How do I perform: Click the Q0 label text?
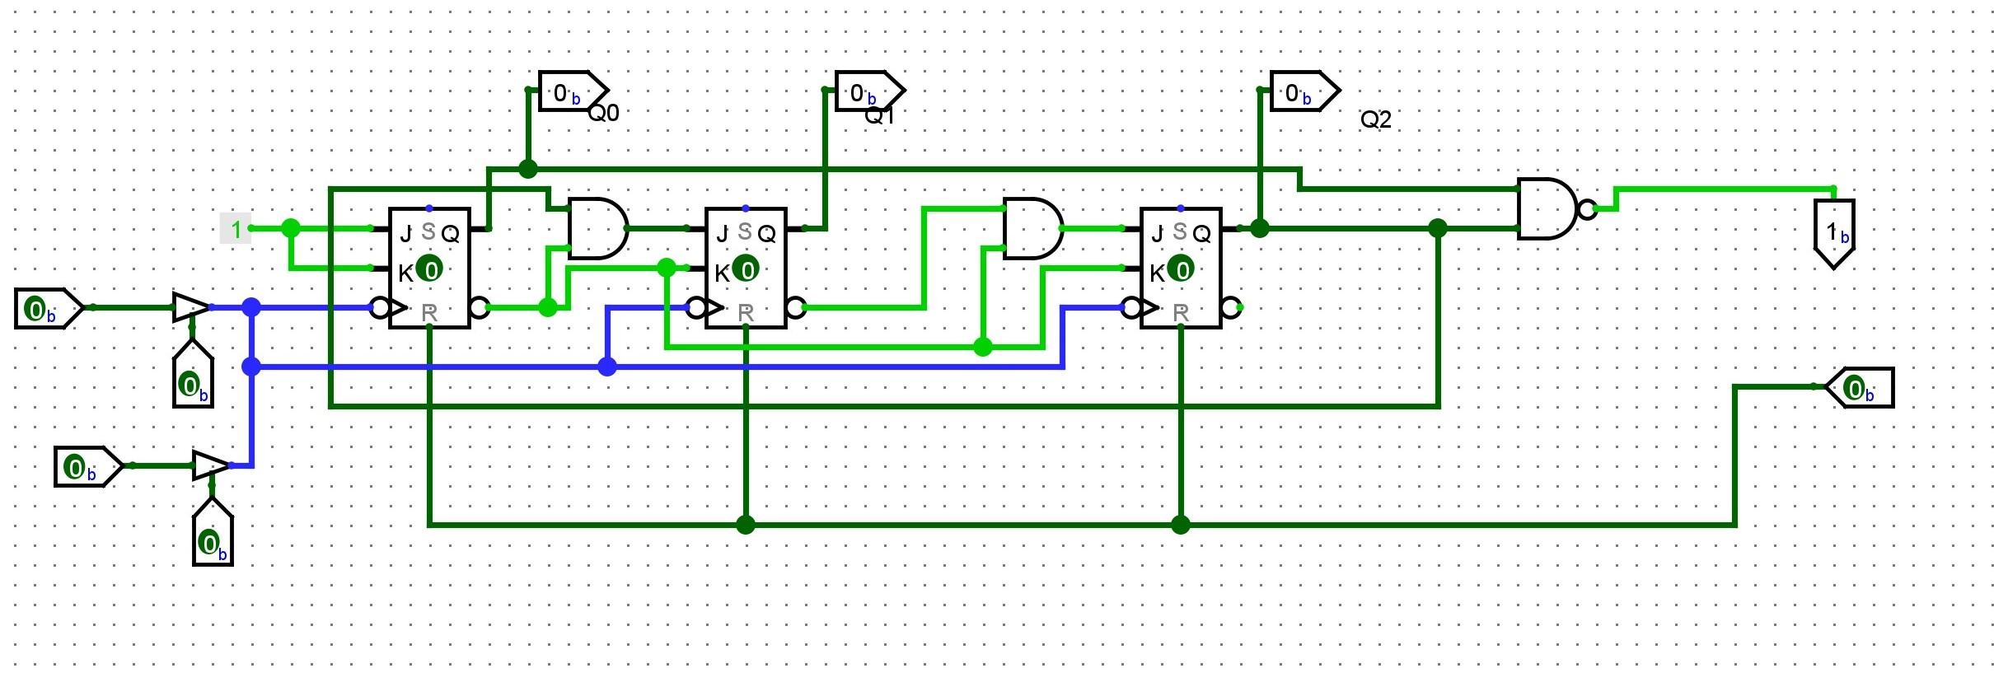coord(603,114)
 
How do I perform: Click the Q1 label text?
coord(878,117)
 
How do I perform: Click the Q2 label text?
coord(1375,120)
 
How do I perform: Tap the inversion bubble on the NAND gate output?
coord(1586,209)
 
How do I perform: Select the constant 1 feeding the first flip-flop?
coord(236,229)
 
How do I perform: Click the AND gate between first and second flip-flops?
coord(596,229)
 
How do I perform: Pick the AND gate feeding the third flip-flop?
coord(1031,229)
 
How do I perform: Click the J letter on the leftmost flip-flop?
coord(405,235)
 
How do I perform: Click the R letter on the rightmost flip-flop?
coord(1181,313)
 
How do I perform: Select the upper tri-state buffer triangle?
coord(190,307)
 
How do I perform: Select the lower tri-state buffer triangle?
coord(209,465)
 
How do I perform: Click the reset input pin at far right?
coord(1861,388)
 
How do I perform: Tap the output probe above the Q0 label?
coord(571,92)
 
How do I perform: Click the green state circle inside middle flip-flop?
coord(746,269)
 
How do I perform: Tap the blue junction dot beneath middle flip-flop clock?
coord(607,367)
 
